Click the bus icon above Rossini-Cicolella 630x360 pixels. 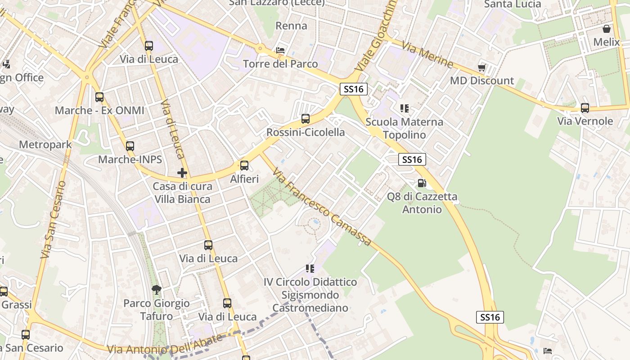coord(306,119)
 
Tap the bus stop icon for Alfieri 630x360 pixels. coord(244,166)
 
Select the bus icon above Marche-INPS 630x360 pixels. coord(130,146)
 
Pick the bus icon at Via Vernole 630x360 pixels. coord(585,108)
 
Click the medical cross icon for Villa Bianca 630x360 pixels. coord(182,173)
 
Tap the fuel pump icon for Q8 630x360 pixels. coord(422,183)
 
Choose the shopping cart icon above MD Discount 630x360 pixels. coord(482,67)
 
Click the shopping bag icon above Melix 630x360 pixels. coord(607,29)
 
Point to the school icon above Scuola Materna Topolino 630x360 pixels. coord(404,108)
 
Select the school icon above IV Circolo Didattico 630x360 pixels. coord(310,269)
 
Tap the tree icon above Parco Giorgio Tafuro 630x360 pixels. coord(156,289)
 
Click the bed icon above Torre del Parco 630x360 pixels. coord(280,50)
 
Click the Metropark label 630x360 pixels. coord(45,145)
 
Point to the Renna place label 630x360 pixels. coord(291,26)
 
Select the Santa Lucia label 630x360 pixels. coord(513,4)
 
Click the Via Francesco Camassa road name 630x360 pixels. coord(322,208)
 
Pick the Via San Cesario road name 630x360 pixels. coord(53,220)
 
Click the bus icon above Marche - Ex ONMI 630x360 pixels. coord(99,97)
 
